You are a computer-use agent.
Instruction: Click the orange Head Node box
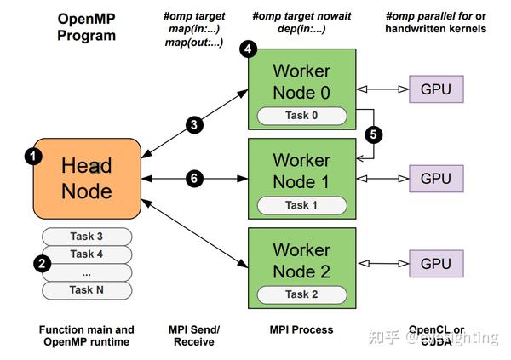tap(86, 179)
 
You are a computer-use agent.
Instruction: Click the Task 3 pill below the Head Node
tap(86, 237)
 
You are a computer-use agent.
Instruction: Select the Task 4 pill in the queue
tap(86, 254)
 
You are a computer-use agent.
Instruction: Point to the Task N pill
tap(86, 289)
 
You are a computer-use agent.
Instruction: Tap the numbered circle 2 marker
tap(41, 263)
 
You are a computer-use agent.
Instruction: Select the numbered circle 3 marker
tap(194, 124)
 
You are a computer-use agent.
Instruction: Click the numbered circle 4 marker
tap(248, 49)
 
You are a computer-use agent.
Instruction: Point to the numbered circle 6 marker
tap(194, 179)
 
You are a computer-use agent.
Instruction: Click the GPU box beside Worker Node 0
tap(436, 89)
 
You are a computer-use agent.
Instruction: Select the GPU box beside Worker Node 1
tap(436, 178)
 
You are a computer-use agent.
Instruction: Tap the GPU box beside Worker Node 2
tap(436, 263)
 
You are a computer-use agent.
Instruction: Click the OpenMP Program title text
tap(86, 26)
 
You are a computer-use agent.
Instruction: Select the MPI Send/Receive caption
tap(194, 334)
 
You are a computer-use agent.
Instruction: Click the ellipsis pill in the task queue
tap(86, 271)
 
